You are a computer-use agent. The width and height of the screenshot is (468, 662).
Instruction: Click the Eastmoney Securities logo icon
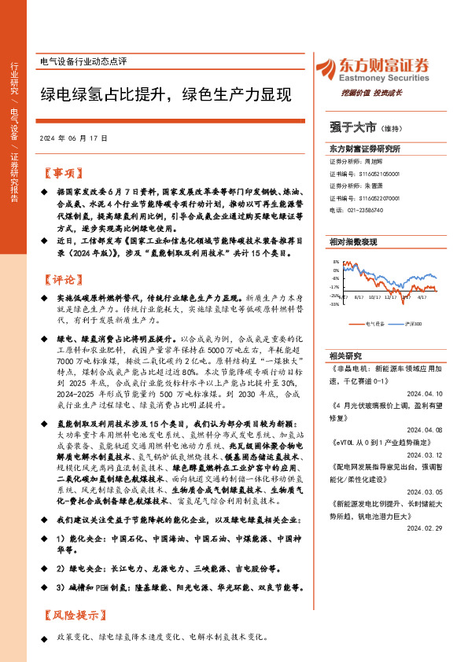tap(326, 71)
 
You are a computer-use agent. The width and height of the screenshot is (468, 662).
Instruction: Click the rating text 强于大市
tap(354, 126)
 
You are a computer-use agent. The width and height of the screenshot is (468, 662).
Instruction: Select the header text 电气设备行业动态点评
tap(83, 61)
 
